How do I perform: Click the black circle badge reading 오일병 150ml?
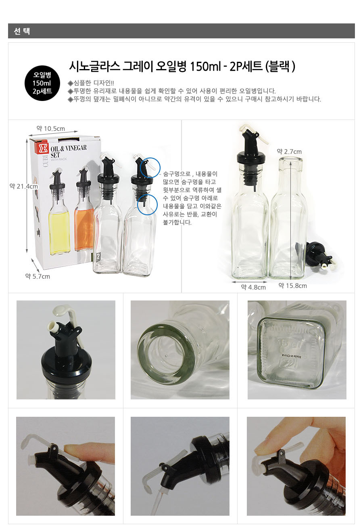(42, 83)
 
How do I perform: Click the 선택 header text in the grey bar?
(22, 31)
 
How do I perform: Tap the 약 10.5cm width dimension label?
(50, 128)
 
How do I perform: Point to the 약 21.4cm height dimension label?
(24, 186)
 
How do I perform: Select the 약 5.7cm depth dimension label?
(38, 276)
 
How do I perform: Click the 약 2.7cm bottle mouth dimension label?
(289, 151)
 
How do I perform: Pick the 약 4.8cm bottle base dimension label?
(253, 287)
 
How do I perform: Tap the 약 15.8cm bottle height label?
(292, 286)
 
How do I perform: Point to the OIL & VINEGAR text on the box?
(69, 148)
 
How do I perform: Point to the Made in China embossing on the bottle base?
(291, 356)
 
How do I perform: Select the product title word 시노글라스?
(94, 66)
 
